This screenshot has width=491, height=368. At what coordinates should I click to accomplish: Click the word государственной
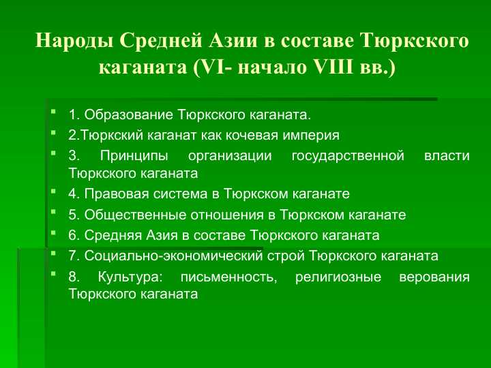click(x=348, y=156)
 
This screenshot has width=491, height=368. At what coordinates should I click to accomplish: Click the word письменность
click(x=229, y=277)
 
